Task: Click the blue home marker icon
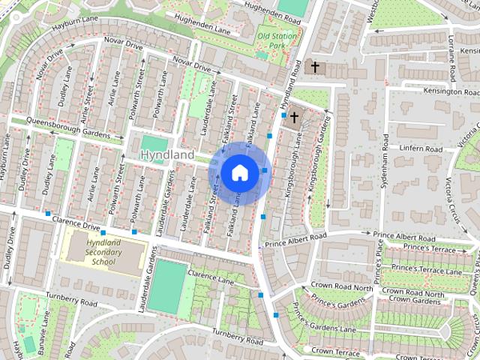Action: [x=239, y=172]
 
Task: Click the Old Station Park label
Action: [x=274, y=40]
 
